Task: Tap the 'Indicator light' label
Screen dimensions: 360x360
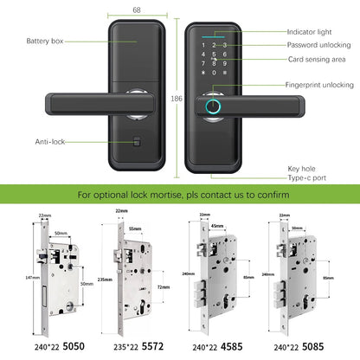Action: tap(308, 32)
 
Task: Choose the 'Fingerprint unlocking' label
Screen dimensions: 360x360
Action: tap(319, 85)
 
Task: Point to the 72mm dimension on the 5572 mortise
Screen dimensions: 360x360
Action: tap(162, 283)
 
